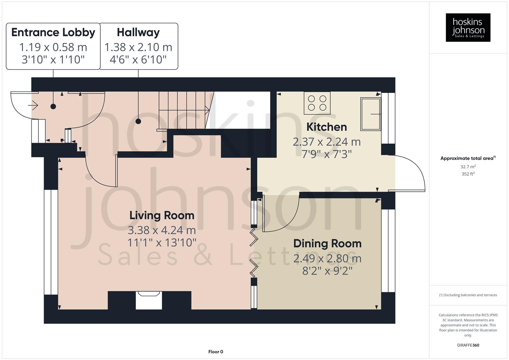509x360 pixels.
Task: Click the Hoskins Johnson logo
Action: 468,28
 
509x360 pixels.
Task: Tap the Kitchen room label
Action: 326,127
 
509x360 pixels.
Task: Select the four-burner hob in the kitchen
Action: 317,103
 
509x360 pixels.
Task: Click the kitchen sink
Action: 370,114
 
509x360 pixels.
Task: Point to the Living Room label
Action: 162,215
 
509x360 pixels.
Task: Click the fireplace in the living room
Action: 149,300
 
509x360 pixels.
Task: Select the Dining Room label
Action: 327,244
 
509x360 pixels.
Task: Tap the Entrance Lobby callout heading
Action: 53,32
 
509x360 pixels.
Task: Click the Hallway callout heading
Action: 138,32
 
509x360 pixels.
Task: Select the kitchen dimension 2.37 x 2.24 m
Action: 326,142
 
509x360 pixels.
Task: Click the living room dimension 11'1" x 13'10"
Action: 162,243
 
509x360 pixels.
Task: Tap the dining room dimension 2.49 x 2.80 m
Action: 327,258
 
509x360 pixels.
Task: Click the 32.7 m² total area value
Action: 468,167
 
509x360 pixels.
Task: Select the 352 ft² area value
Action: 468,174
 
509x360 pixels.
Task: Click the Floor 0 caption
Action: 216,352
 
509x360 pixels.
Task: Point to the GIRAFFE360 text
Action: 468,345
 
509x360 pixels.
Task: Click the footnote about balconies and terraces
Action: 468,295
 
